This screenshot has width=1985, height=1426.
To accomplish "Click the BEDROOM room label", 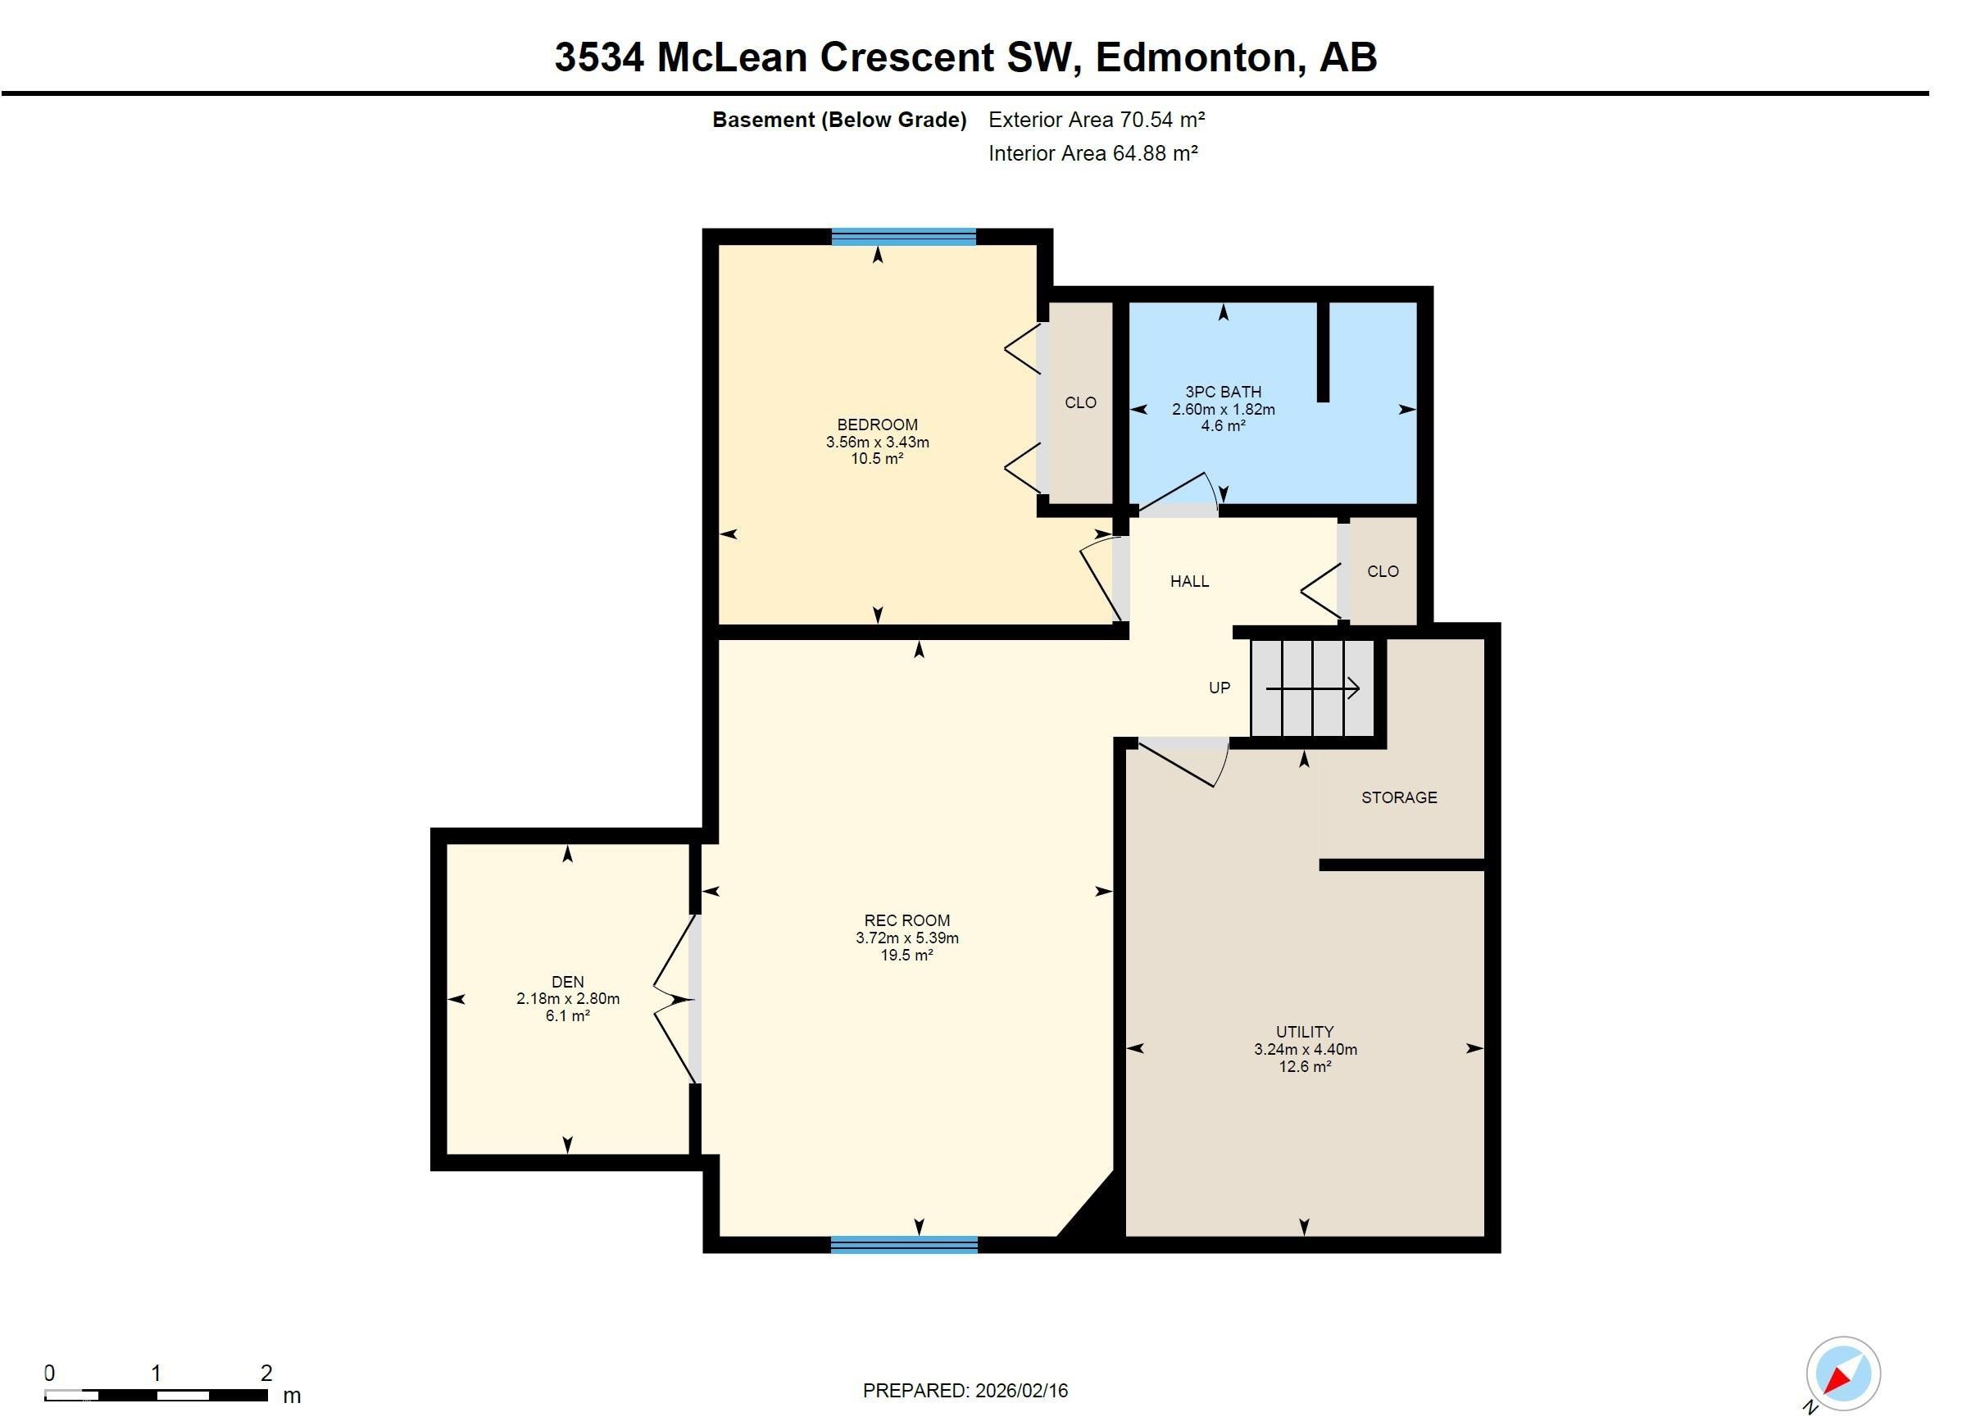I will click(877, 425).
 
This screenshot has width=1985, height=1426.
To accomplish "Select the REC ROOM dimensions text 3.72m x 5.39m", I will click(906, 938).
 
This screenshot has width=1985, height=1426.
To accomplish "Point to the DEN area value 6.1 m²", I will click(567, 1015).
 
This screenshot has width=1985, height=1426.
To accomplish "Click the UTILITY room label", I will click(1304, 1032).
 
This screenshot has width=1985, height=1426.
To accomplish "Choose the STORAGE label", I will click(1399, 797).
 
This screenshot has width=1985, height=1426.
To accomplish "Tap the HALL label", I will click(1189, 581).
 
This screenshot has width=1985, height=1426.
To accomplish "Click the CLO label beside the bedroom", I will click(1080, 402).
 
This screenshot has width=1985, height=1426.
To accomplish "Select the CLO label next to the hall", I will click(1383, 571).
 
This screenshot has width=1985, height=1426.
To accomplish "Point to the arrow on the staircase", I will click(1313, 689).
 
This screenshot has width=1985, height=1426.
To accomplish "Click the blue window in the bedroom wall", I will click(903, 236).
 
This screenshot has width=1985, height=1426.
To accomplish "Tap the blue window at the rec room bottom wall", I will click(903, 1245).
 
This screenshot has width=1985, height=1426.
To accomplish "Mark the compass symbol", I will click(1842, 1374).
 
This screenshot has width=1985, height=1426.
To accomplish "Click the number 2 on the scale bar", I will click(266, 1373).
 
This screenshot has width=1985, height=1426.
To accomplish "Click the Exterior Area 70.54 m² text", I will click(1096, 120).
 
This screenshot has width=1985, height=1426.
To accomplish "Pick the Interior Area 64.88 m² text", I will click(1092, 153).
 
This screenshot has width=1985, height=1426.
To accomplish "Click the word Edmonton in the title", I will click(1196, 57).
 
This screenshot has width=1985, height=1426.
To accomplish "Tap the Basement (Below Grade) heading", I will click(838, 120).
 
